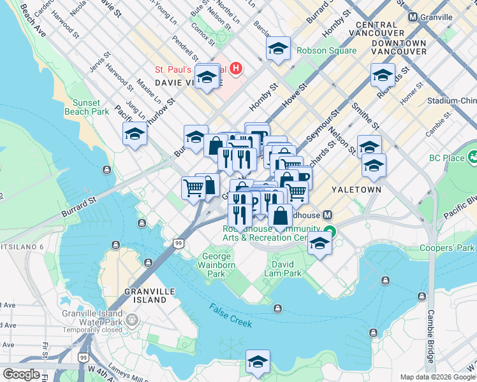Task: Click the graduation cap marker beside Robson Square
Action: pyautogui.click(x=278, y=49)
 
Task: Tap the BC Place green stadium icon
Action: pyautogui.click(x=473, y=157)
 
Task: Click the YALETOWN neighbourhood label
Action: pyautogui.click(x=356, y=190)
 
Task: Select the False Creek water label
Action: pyautogui.click(x=230, y=315)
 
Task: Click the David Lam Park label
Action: pyautogui.click(x=283, y=269)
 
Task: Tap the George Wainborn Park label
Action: pyautogui.click(x=216, y=265)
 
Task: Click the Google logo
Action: pyautogui.click(x=21, y=374)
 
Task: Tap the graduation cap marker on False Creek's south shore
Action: pyautogui.click(x=258, y=363)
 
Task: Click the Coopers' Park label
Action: pyautogui.click(x=448, y=248)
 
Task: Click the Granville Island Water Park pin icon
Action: pyautogui.click(x=132, y=318)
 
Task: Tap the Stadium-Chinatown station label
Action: pyautogui.click(x=451, y=101)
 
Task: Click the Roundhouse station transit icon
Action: pyautogui.click(x=327, y=216)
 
